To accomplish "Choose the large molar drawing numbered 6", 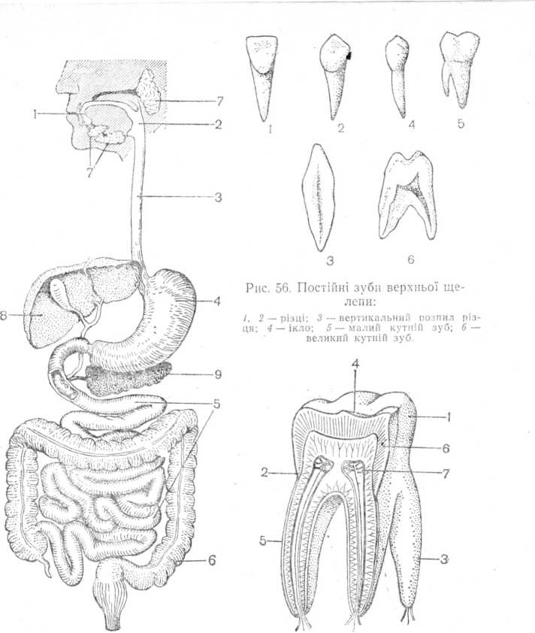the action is point(410,199).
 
